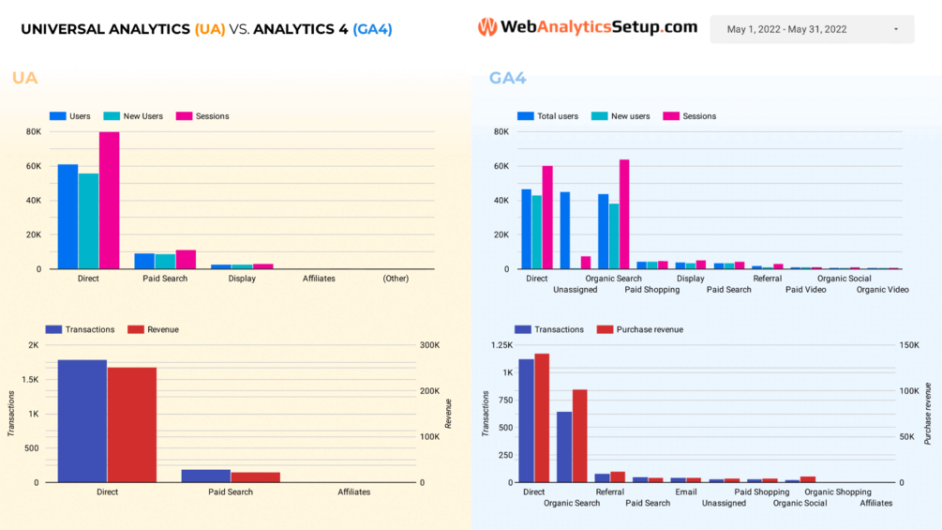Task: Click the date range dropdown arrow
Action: tap(896, 29)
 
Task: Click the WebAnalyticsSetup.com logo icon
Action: tap(486, 28)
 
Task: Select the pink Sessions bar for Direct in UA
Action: tap(109, 200)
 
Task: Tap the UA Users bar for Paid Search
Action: tap(144, 261)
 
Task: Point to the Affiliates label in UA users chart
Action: tap(319, 279)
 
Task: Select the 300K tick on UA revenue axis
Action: tap(429, 345)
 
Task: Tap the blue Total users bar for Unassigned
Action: tap(565, 230)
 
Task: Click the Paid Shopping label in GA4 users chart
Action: tap(652, 290)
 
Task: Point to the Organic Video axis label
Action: tap(882, 290)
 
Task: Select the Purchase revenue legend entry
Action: tap(640, 329)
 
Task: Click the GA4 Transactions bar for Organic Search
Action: tap(564, 447)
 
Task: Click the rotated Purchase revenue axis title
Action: tap(928, 414)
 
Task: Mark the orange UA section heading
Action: tap(25, 78)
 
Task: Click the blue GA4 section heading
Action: tap(507, 78)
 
